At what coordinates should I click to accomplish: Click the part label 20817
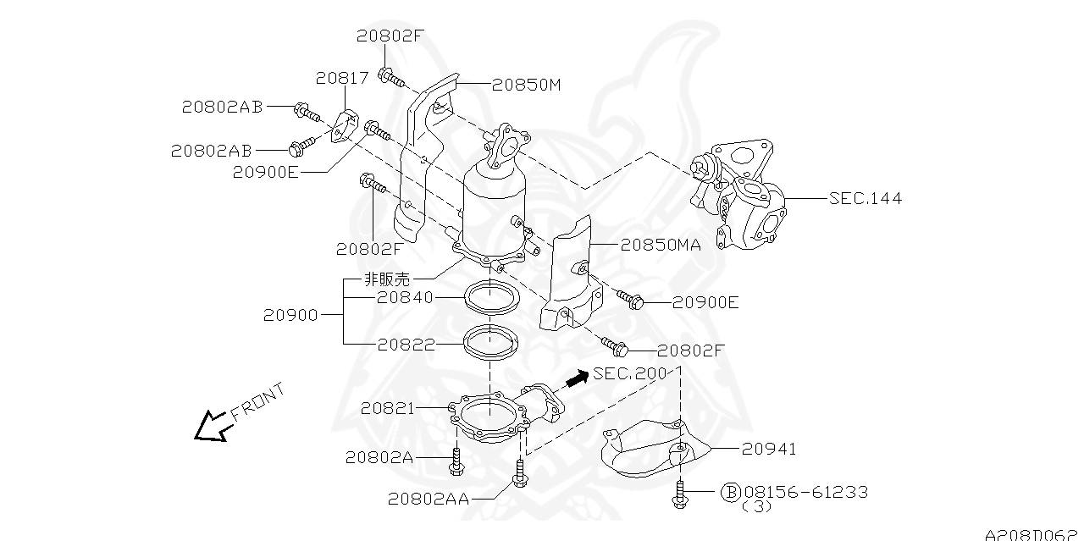(x=342, y=78)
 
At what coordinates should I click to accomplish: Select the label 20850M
(x=526, y=86)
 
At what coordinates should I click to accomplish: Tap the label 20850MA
(x=661, y=246)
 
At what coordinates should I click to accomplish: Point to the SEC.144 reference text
(x=866, y=198)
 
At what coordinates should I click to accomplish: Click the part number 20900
(x=290, y=316)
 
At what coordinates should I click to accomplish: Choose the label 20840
(x=405, y=297)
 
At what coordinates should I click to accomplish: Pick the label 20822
(x=406, y=345)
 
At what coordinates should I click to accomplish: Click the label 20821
(x=388, y=409)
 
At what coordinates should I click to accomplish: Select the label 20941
(x=769, y=449)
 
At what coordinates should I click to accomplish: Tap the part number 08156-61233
(x=806, y=492)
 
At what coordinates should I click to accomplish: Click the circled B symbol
(x=731, y=492)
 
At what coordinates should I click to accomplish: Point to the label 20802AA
(x=429, y=499)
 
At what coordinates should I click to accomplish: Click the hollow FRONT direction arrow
(x=212, y=427)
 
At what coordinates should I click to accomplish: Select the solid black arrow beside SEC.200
(x=578, y=378)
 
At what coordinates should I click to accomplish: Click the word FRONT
(x=257, y=401)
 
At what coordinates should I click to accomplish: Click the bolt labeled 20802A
(x=456, y=462)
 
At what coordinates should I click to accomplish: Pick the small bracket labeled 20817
(x=344, y=127)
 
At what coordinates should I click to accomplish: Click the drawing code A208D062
(x=1034, y=534)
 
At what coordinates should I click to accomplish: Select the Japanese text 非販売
(x=387, y=279)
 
